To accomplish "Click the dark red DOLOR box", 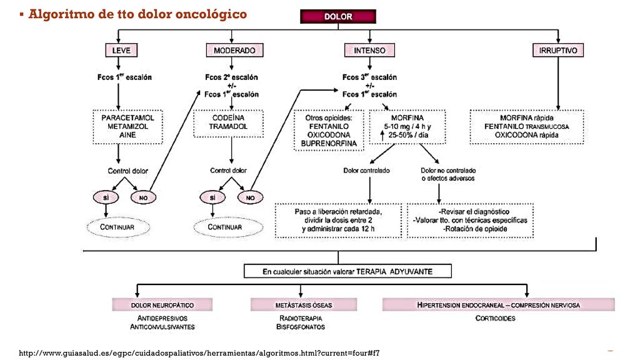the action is [x=338, y=16].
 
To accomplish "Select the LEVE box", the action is [x=121, y=50].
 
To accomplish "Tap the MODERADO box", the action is [x=235, y=50].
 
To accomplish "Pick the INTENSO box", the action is [x=369, y=50].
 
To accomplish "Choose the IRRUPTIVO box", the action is [x=558, y=50].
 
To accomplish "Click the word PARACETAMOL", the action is [x=127, y=117].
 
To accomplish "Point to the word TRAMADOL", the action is [x=228, y=126].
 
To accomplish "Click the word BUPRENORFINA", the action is [x=329, y=144].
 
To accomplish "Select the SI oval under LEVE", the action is [x=106, y=197].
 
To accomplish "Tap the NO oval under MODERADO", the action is [x=250, y=197].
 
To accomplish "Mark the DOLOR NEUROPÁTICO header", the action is [x=162, y=305].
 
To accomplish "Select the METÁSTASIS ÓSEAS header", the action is [x=304, y=305].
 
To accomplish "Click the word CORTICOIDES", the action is [x=495, y=318].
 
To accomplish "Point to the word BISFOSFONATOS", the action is [x=301, y=327].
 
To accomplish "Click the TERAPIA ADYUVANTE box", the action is [x=347, y=271].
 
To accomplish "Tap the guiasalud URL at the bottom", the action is [x=199, y=353].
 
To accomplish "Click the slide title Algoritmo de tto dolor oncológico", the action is [x=137, y=14].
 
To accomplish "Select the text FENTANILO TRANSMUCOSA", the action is [x=526, y=126].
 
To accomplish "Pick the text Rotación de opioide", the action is [x=475, y=229].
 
